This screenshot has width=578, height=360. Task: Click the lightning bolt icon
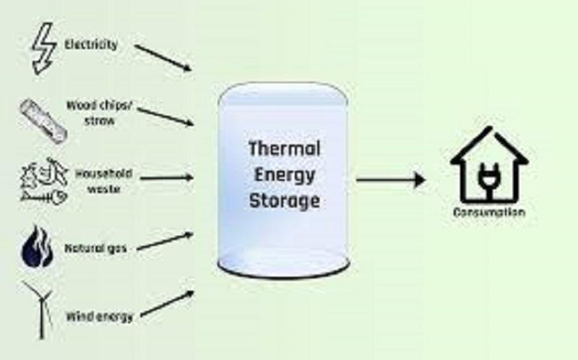pyautogui.click(x=44, y=48)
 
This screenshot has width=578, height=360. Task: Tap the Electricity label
pyautogui.click(x=91, y=45)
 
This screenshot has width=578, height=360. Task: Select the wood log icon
pyautogui.click(x=43, y=121)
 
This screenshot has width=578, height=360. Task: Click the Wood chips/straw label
pyautogui.click(x=99, y=113)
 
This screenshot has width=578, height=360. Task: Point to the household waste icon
pyautogui.click(x=44, y=181)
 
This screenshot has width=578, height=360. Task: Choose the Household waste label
pyautogui.click(x=104, y=181)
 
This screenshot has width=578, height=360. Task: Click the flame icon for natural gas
pyautogui.click(x=38, y=247)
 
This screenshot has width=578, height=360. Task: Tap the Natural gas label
pyautogui.click(x=95, y=248)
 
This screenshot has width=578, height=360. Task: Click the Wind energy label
pyautogui.click(x=99, y=317)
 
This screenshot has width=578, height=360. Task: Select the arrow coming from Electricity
pyautogui.click(x=163, y=58)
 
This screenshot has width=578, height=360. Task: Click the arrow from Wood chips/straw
pyautogui.click(x=165, y=116)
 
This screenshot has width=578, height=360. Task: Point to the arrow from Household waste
pyautogui.click(x=167, y=178)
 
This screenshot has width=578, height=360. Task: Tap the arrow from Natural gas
pyautogui.click(x=165, y=241)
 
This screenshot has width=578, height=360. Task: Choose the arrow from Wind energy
pyautogui.click(x=168, y=303)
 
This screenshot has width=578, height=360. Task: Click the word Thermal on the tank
pyautogui.click(x=284, y=149)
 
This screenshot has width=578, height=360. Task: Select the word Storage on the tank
pyautogui.click(x=284, y=202)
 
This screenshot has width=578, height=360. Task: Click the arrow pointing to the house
pyautogui.click(x=391, y=180)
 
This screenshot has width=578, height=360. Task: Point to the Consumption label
pyautogui.click(x=489, y=213)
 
